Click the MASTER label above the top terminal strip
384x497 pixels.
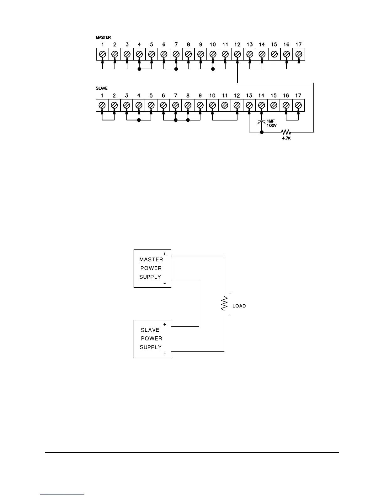pos(103,38)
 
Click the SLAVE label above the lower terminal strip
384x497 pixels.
pos(102,88)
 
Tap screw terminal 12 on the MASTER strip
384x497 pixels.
pos(237,54)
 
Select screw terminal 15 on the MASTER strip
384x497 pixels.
pos(274,54)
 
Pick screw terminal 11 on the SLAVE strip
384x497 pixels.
pos(225,105)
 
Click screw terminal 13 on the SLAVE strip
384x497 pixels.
pos(249,105)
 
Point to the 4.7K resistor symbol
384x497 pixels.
pos(286,132)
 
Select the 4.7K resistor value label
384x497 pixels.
pos(286,138)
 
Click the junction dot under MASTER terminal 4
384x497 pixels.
pos(139,69)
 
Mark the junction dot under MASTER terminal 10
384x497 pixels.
pos(213,69)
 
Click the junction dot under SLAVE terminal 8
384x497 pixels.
pos(188,120)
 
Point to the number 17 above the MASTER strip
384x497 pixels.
pos(299,45)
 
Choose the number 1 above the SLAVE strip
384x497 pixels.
pos(102,95)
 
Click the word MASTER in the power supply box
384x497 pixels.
pos(151,259)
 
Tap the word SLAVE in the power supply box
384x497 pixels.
pos(150,330)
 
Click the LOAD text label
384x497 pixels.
pos(239,306)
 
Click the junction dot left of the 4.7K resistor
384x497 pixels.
pos(262,132)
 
